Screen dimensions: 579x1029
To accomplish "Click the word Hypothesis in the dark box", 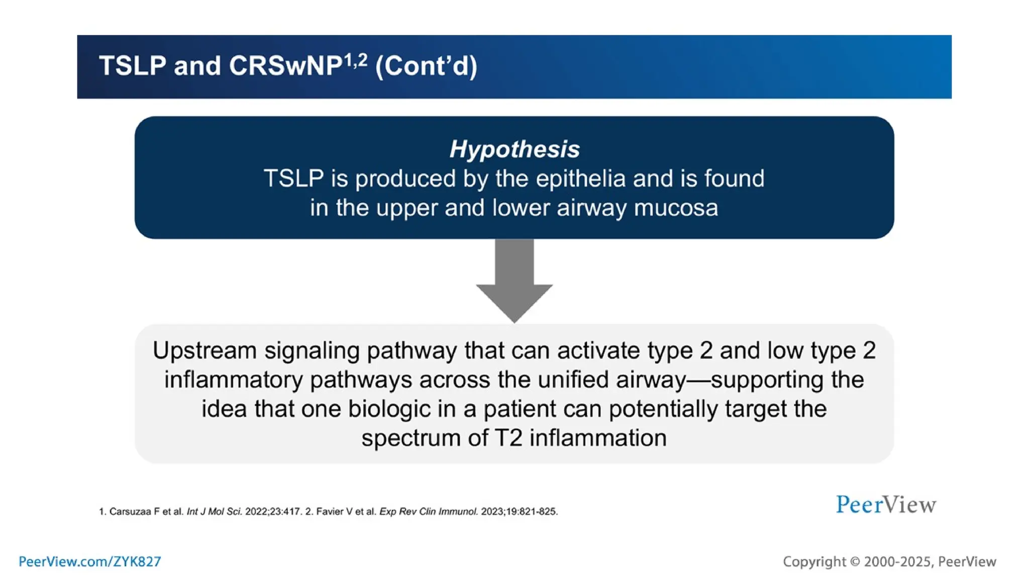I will pyautogui.click(x=514, y=149).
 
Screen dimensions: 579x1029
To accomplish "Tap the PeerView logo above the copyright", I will pyautogui.click(x=886, y=505).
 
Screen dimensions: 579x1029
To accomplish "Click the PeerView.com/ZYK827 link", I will pyautogui.click(x=90, y=561).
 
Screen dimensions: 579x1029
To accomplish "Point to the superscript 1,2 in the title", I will pyautogui.click(x=355, y=61).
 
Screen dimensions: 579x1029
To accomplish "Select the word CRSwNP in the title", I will pyautogui.click(x=285, y=66).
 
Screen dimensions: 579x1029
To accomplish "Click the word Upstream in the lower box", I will pyautogui.click(x=204, y=350).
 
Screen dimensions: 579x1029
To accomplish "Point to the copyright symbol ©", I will pyautogui.click(x=855, y=561).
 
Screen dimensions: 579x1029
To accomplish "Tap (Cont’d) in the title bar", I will pyautogui.click(x=426, y=66).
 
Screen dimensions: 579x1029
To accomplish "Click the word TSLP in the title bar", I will pyautogui.click(x=133, y=66).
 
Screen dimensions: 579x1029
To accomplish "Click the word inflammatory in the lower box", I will pyautogui.click(x=233, y=379).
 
